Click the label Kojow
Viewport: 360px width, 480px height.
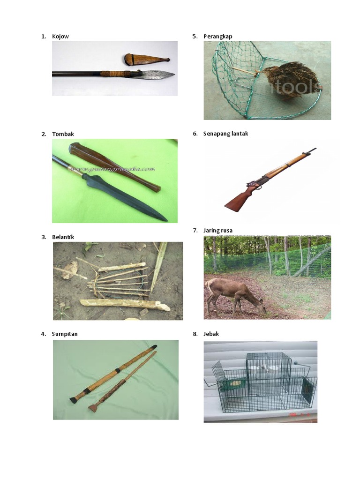[60, 37]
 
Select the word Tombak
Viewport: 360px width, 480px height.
[63, 134]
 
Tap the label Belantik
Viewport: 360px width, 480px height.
[63, 237]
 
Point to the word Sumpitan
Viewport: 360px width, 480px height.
[65, 334]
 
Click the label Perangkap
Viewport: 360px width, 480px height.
[217, 37]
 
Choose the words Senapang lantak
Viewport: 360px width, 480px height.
[225, 134]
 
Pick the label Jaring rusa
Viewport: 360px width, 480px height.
[218, 230]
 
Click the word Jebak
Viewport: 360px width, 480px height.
[211, 334]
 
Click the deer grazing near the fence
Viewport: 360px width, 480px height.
[234, 293]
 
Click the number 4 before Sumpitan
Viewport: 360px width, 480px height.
[43, 334]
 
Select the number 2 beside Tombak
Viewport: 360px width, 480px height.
[43, 134]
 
